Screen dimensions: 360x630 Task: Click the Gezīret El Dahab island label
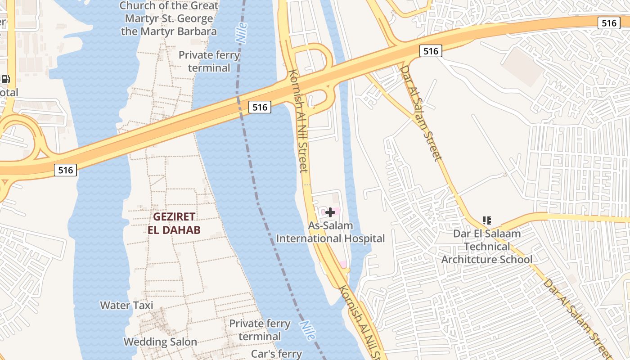[174, 223]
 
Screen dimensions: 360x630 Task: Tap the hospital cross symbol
[330, 212]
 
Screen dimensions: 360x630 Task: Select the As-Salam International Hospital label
[330, 232]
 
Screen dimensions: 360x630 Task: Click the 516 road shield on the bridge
[260, 107]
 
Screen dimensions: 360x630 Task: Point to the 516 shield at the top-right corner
[609, 23]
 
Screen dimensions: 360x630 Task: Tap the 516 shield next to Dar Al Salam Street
[430, 51]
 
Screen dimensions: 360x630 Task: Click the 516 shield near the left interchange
[65, 170]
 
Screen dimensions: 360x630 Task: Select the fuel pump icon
[5, 79]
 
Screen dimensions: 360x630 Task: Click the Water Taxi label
[126, 306]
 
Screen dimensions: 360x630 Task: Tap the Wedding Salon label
[160, 342]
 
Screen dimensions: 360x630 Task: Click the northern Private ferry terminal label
[209, 62]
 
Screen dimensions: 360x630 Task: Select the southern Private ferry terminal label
[260, 330]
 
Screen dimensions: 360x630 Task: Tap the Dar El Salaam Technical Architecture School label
[486, 247]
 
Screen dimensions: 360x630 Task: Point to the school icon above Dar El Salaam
[486, 220]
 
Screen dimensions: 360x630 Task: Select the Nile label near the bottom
[307, 331]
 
